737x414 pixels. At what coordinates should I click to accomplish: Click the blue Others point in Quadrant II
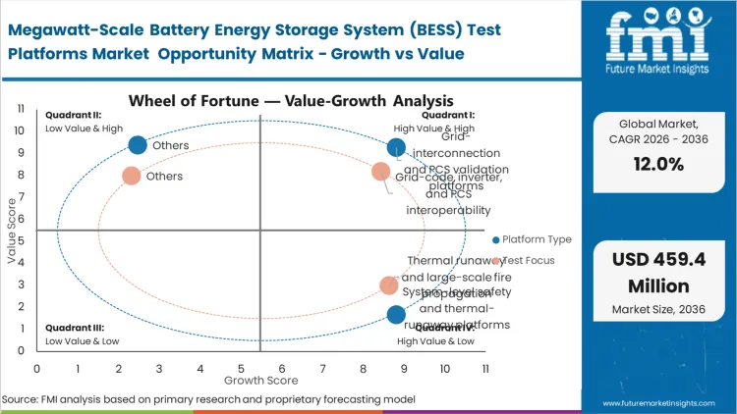point(138,145)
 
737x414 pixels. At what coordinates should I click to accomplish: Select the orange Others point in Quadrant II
point(131,177)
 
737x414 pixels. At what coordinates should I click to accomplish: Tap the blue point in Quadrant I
point(396,148)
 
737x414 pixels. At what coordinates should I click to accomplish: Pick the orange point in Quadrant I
point(381,172)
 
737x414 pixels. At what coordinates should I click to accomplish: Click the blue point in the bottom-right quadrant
point(396,315)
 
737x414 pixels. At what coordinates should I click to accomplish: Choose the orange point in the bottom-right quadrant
point(389,285)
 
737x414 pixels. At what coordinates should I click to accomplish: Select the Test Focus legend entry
point(528,260)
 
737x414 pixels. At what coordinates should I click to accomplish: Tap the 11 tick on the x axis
point(484,368)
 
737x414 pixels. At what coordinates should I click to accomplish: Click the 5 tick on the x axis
point(241,368)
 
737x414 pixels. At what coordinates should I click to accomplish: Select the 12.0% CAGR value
point(656,165)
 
